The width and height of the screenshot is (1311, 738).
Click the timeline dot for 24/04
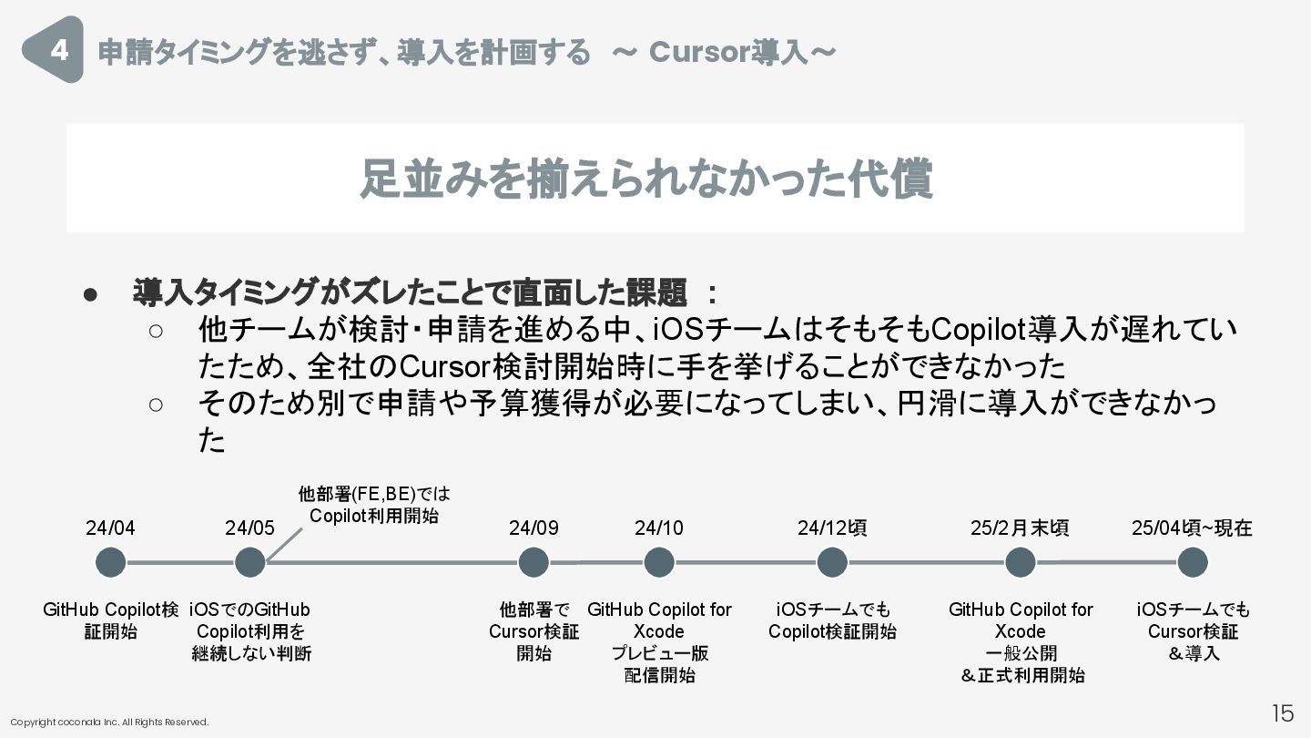111,562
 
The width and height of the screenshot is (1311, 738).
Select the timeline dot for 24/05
249,562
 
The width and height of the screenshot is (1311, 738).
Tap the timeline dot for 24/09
534,562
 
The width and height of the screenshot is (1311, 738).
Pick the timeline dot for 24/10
659,562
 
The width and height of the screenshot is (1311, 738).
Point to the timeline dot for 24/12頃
832,562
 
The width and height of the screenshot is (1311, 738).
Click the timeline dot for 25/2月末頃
1020,562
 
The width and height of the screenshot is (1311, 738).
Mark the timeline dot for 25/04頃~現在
1193,562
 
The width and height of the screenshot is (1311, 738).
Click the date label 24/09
534,528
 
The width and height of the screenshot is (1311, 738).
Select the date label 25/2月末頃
1020,528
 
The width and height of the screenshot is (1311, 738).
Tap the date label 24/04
111,528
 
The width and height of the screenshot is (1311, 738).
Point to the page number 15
1282,712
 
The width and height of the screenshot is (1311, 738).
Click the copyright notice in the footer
109,723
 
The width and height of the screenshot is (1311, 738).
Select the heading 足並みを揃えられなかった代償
645,179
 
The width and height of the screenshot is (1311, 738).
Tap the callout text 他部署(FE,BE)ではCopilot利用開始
374,505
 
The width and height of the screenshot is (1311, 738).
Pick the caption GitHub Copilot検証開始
111,620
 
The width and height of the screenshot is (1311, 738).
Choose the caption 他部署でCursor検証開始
534,631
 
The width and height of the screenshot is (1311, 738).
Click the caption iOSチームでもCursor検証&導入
1193,631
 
